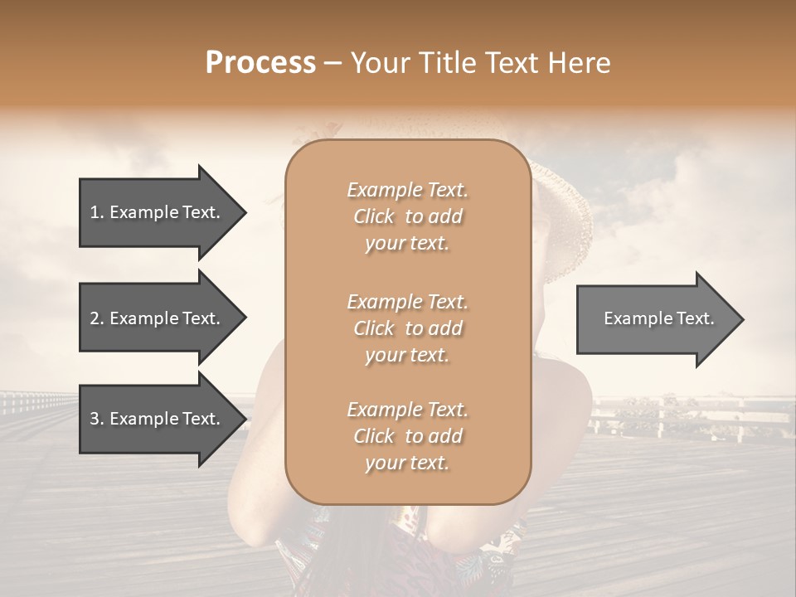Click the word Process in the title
(x=260, y=63)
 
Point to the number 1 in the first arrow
(x=95, y=212)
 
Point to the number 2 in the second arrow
(x=95, y=318)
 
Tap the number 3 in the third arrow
(x=95, y=419)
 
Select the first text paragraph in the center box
(x=407, y=216)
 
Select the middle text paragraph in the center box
(x=407, y=328)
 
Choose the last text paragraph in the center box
(x=407, y=436)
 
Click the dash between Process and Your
(x=333, y=64)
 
